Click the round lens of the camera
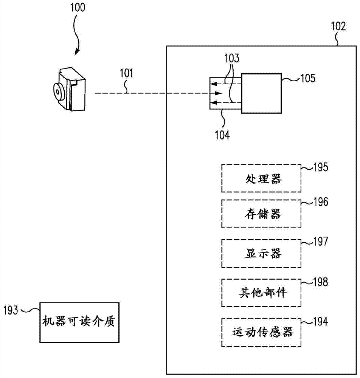click(58, 91)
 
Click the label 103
click(232, 59)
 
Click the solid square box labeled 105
click(261, 93)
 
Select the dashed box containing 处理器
click(261, 178)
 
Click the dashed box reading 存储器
click(261, 214)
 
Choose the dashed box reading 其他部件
click(261, 292)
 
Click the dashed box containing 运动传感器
click(261, 332)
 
